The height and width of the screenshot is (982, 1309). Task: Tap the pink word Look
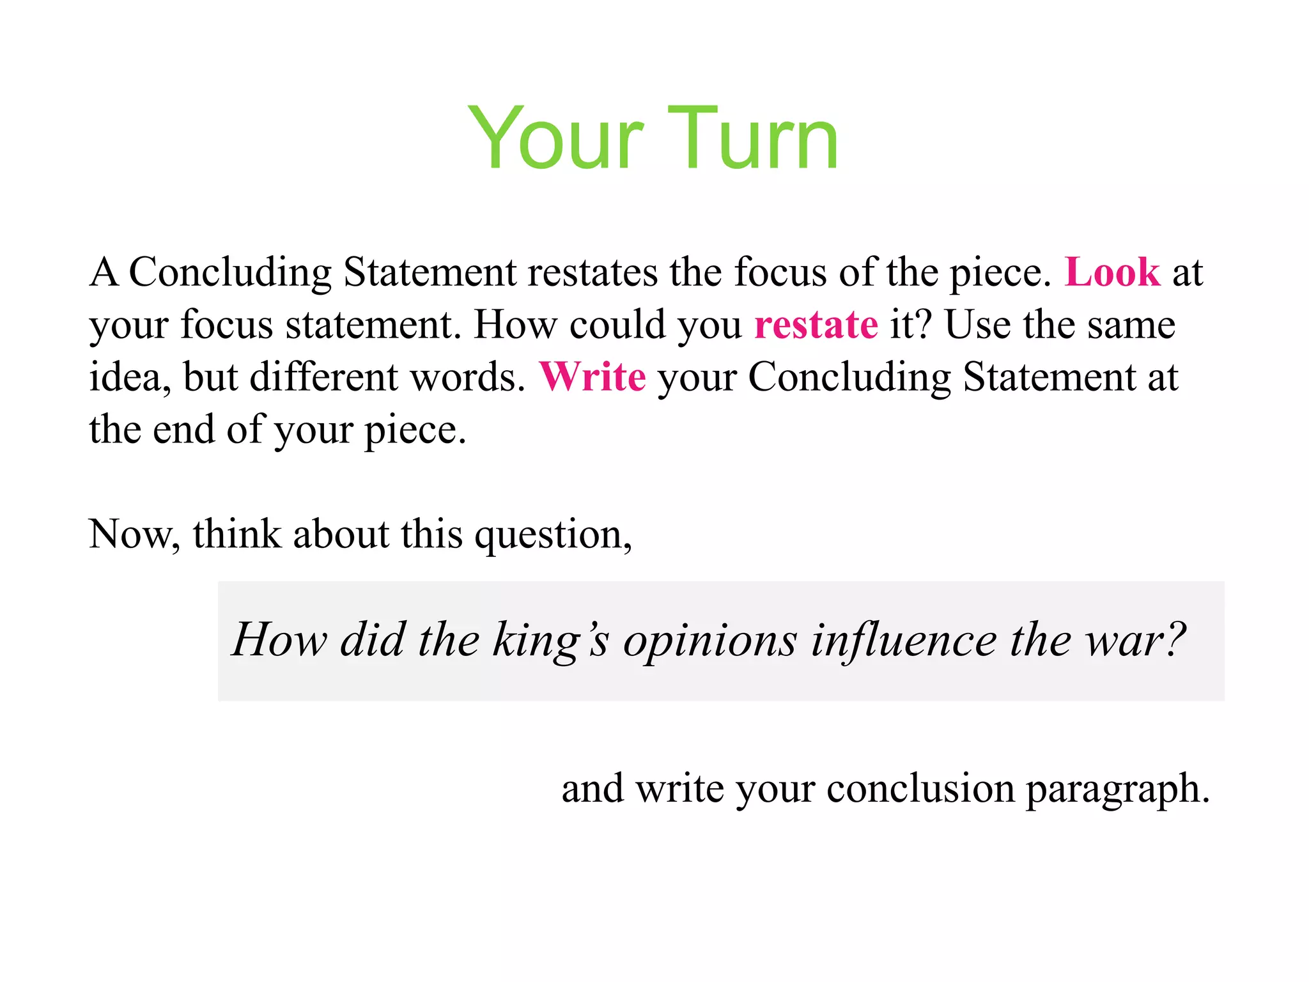coord(1111,272)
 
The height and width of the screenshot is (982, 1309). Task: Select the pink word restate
coord(816,325)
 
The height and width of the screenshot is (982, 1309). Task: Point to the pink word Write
coord(592,377)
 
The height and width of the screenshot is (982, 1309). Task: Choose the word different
coord(323,377)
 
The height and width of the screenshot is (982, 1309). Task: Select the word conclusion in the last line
coord(920,788)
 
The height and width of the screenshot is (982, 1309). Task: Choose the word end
coord(183,429)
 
